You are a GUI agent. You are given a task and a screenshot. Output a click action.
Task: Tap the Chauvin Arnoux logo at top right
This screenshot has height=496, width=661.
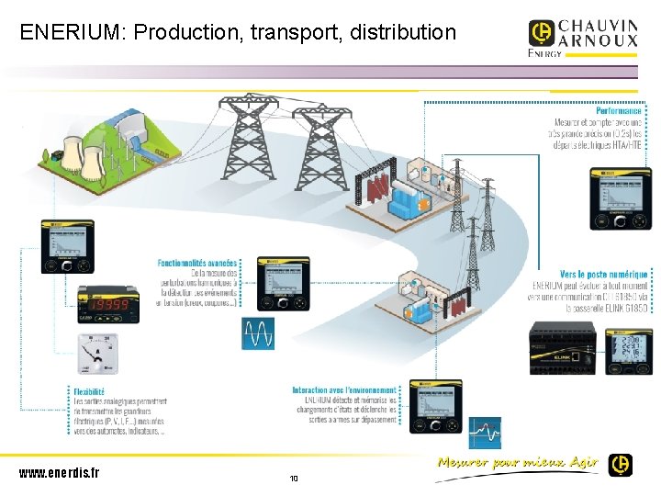(582, 39)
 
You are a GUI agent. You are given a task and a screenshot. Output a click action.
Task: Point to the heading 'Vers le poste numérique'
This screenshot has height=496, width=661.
(603, 274)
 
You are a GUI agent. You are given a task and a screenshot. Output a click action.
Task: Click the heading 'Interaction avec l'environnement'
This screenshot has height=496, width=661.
(344, 390)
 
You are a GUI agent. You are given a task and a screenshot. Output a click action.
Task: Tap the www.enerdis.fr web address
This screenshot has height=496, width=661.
(59, 473)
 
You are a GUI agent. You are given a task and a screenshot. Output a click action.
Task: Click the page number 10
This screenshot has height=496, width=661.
(294, 479)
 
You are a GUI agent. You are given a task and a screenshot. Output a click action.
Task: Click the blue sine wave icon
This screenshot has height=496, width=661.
(258, 333)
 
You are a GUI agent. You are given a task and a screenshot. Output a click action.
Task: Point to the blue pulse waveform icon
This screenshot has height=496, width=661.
(485, 432)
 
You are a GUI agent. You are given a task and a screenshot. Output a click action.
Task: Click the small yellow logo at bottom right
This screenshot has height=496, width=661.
(621, 465)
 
